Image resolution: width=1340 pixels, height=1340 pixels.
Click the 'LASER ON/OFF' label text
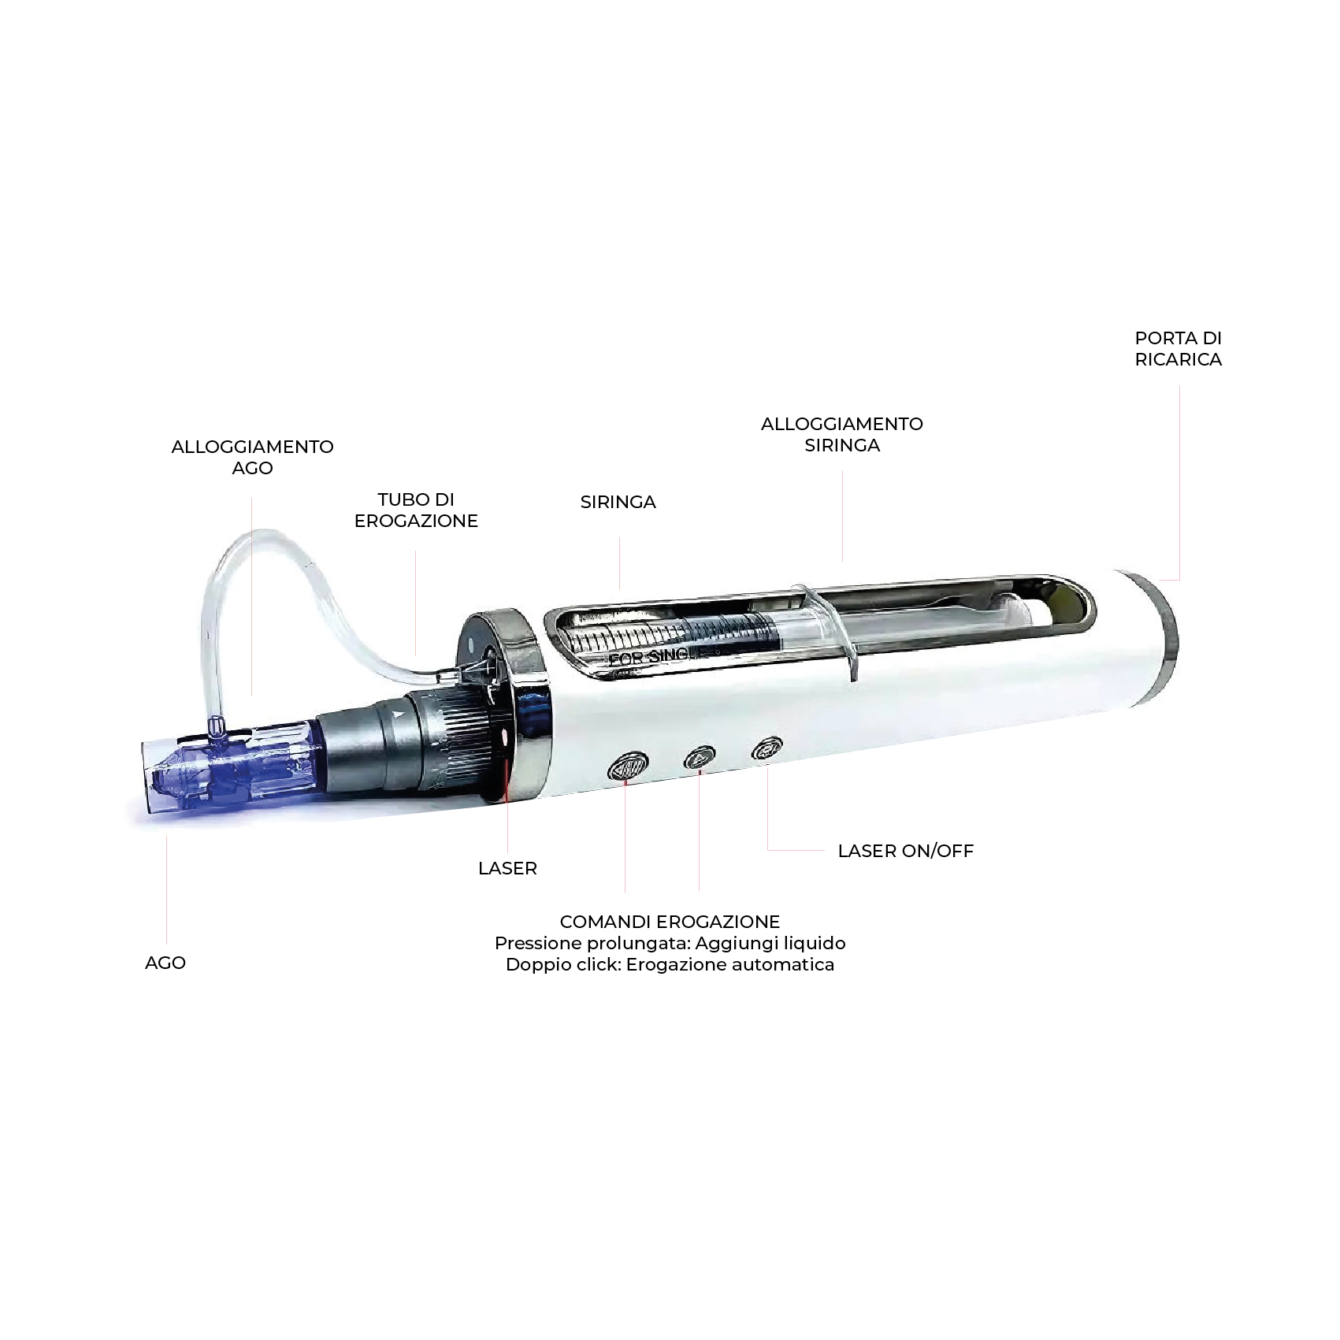click(x=905, y=851)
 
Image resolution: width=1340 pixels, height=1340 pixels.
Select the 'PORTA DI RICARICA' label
click(x=1178, y=348)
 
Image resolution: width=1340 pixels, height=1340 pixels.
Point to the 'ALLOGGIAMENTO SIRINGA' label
click(x=841, y=434)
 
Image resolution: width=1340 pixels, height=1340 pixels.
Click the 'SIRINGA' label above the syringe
click(x=618, y=502)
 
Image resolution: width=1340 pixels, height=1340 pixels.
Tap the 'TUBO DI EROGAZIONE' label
click(x=416, y=510)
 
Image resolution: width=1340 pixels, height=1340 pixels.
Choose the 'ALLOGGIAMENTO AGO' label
click(x=252, y=457)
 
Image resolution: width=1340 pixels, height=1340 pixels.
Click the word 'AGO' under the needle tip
click(x=165, y=963)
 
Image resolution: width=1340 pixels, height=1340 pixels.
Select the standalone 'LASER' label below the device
click(x=507, y=868)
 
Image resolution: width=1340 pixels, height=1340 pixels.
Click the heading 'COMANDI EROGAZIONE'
click(x=670, y=922)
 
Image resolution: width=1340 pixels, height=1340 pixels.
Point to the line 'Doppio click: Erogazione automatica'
click(x=670, y=964)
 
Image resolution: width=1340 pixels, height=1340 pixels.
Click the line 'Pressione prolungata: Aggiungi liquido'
click(x=670, y=943)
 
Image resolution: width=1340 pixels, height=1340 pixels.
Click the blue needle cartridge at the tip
click(x=228, y=768)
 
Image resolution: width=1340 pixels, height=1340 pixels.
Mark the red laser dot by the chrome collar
click(x=503, y=737)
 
